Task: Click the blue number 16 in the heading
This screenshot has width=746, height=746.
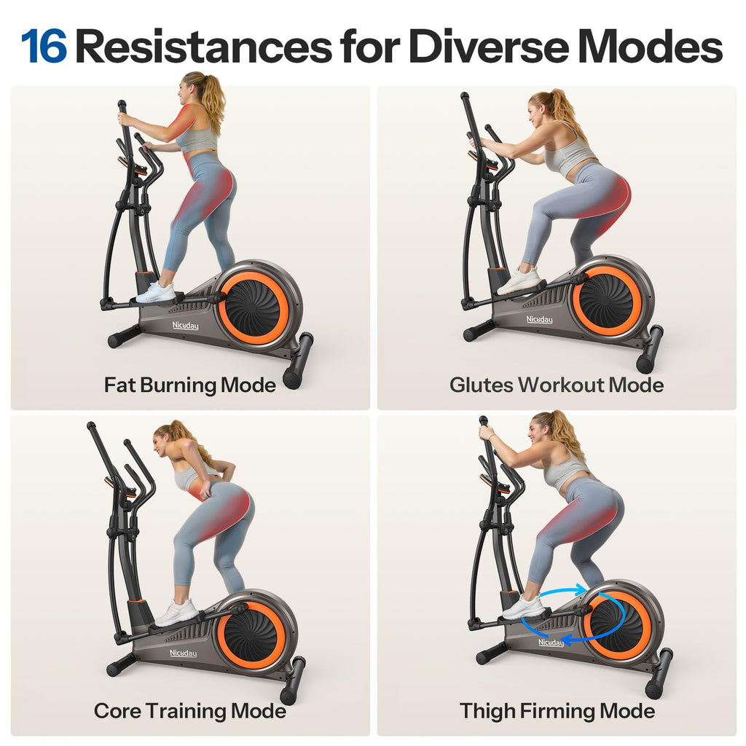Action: tap(44, 46)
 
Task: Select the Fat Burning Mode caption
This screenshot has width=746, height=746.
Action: tap(189, 385)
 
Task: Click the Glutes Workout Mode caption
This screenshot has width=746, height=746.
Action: tap(557, 385)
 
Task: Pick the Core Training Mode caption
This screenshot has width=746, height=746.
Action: tap(189, 710)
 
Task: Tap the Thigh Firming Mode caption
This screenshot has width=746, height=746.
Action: tap(557, 710)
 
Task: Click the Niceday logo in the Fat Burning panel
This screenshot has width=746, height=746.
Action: tap(184, 326)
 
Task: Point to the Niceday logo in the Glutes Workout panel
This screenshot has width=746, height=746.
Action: tap(539, 319)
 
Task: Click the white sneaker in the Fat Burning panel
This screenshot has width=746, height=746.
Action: tap(155, 293)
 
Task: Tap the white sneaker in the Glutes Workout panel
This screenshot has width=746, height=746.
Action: tap(519, 280)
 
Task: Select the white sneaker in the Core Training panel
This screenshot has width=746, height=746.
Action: tap(176, 613)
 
